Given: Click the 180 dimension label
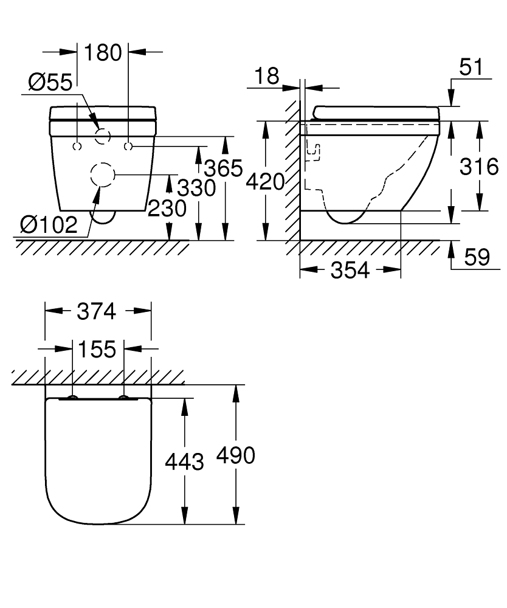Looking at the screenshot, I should (x=103, y=52).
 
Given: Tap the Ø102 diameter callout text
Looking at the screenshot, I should (x=49, y=226).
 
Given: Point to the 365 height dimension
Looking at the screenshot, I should (x=223, y=168).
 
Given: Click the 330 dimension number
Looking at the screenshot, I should (x=196, y=188).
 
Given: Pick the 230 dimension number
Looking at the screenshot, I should (x=167, y=209).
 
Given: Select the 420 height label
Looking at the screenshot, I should (x=265, y=181).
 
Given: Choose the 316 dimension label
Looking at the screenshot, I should (x=478, y=166).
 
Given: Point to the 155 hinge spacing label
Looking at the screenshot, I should (x=97, y=350).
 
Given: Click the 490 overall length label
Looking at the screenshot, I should (x=235, y=455).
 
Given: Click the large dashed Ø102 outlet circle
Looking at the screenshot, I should (x=102, y=175).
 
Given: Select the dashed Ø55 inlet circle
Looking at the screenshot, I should (x=103, y=136).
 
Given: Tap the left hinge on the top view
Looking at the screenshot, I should (x=72, y=398).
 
